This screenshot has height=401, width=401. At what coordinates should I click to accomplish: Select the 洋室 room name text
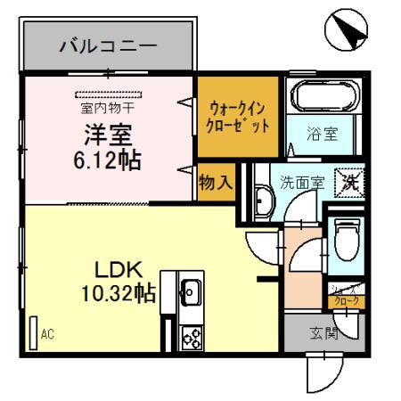tap(109, 135)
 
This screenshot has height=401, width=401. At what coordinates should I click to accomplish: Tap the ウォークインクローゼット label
tap(239, 118)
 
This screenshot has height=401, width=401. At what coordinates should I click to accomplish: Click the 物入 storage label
tap(217, 181)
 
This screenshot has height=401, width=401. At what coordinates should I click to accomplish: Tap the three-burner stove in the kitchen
tap(191, 336)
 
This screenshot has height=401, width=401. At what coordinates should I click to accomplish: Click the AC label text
tap(47, 334)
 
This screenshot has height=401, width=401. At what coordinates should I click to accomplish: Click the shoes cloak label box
tap(347, 299)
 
